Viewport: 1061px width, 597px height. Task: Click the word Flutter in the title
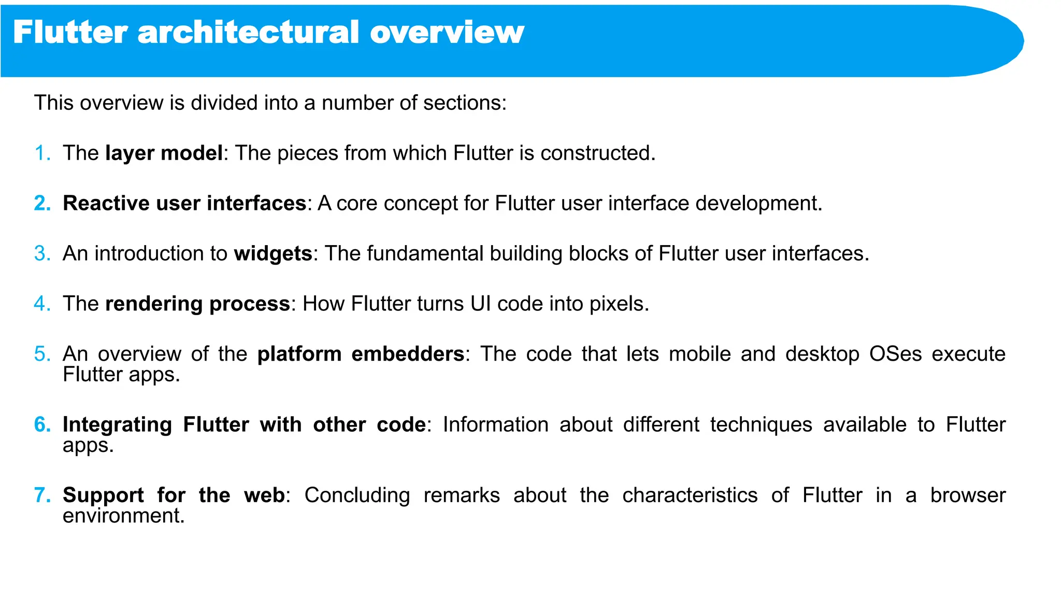pyautogui.click(x=70, y=32)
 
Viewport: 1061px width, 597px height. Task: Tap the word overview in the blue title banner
pyautogui.click(x=447, y=32)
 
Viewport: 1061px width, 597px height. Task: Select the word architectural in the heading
pyautogui.click(x=248, y=32)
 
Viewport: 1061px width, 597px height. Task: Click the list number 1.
pyautogui.click(x=41, y=153)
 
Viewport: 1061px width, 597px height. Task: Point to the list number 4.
pyautogui.click(x=41, y=304)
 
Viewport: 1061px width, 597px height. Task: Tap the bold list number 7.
pyautogui.click(x=41, y=495)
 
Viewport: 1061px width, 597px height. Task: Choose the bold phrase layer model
pyautogui.click(x=164, y=153)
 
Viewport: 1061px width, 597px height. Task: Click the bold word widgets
pyautogui.click(x=273, y=254)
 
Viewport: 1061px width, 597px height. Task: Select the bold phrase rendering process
pyautogui.click(x=197, y=304)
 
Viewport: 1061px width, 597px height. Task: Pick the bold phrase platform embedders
pyautogui.click(x=361, y=354)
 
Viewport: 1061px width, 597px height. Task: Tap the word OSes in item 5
pyautogui.click(x=895, y=354)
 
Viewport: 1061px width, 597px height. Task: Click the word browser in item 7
pyautogui.click(x=967, y=495)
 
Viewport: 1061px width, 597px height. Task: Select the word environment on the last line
pyautogui.click(x=123, y=516)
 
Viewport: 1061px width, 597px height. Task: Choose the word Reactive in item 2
pyautogui.click(x=106, y=204)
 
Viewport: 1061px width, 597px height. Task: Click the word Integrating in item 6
pyautogui.click(x=117, y=425)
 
